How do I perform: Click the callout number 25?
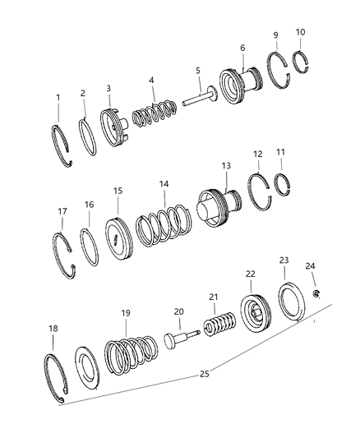(x=204, y=373)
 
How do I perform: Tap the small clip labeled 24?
(x=316, y=294)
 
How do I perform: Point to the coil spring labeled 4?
(x=155, y=113)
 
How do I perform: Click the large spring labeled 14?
(x=164, y=224)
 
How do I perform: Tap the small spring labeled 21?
(x=219, y=324)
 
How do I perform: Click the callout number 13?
(x=226, y=166)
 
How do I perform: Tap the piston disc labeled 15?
(x=119, y=238)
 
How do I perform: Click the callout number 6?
(x=242, y=48)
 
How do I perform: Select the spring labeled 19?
(x=131, y=355)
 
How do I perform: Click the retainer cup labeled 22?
(x=256, y=312)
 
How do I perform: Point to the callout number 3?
(x=108, y=88)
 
